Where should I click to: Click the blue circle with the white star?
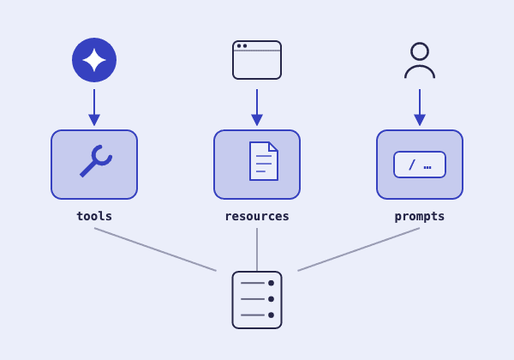click(94, 60)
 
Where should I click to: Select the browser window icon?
click(257, 60)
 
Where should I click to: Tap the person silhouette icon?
click(420, 60)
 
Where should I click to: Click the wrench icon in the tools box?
click(96, 161)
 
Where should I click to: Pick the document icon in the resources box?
click(264, 161)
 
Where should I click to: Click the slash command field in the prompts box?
click(420, 165)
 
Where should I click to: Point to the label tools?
click(94, 216)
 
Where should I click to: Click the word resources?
click(257, 216)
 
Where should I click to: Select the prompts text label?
click(420, 217)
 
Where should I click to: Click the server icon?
click(257, 300)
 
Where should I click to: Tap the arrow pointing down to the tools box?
click(94, 107)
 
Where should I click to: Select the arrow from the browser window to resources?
click(257, 107)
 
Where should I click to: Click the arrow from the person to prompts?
click(420, 107)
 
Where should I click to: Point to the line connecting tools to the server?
click(155, 249)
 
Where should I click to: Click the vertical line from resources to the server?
click(257, 249)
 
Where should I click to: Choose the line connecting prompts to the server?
click(359, 249)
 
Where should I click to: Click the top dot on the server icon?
click(271, 283)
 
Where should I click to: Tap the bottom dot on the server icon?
click(271, 315)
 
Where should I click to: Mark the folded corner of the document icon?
click(273, 147)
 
